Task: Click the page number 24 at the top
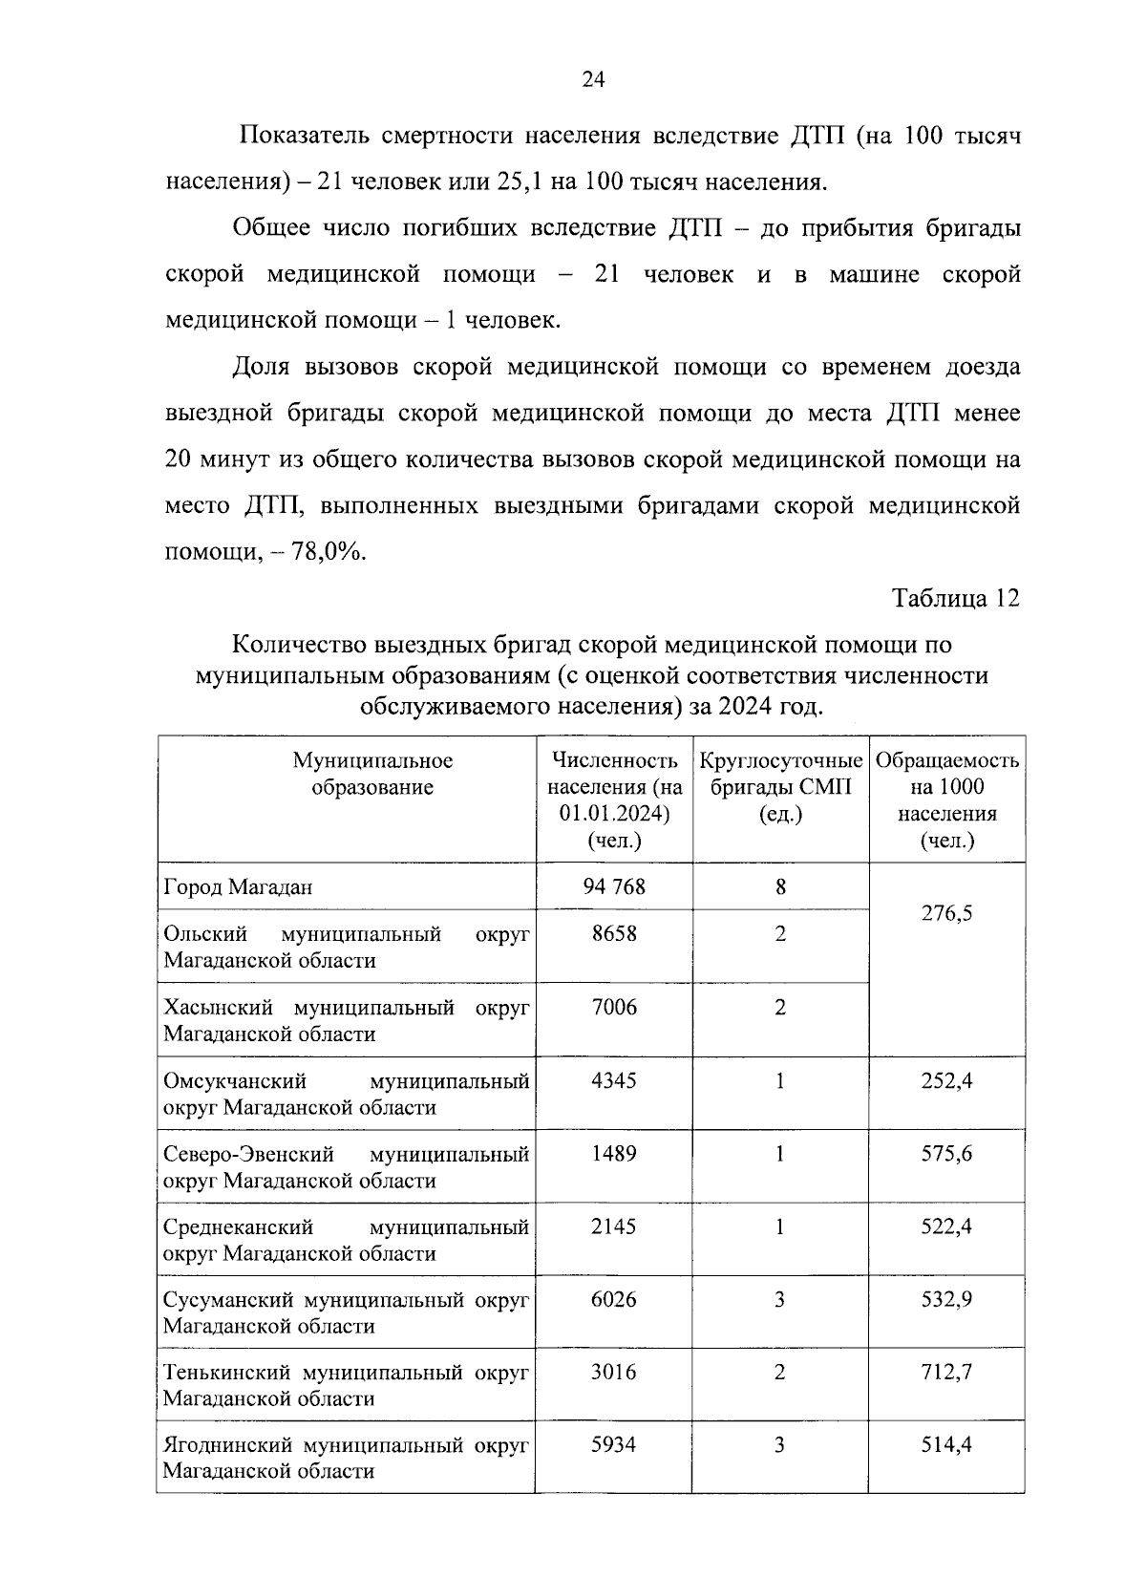point(592,80)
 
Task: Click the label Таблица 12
point(956,599)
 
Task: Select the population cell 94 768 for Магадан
point(614,886)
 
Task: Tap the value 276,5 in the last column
point(946,913)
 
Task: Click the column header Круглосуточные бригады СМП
point(780,788)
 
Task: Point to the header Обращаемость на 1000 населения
point(946,800)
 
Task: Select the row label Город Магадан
point(239,887)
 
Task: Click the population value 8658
point(614,933)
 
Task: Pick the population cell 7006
point(614,1007)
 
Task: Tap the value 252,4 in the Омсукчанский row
point(946,1080)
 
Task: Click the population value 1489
point(614,1153)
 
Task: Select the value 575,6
point(946,1153)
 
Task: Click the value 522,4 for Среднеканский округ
point(946,1226)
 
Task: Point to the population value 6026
point(614,1299)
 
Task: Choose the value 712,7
point(946,1372)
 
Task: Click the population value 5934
point(614,1444)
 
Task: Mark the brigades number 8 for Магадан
point(780,886)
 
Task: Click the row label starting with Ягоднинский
point(346,1458)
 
